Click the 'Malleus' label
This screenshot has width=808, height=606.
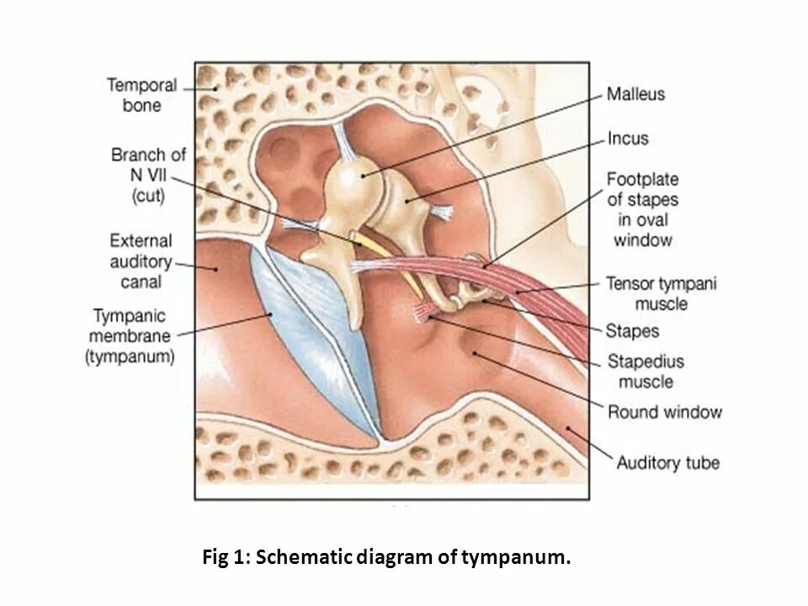coord(635,94)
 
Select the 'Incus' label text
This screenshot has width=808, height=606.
coord(628,138)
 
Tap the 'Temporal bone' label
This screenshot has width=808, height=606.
coord(141,95)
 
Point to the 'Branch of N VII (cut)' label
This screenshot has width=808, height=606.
coord(148,175)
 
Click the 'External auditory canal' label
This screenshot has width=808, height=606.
coord(141,261)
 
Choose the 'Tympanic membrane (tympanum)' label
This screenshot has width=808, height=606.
coord(130,337)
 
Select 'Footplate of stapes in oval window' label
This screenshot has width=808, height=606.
coord(642,210)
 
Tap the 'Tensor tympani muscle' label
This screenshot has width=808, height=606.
coord(661,293)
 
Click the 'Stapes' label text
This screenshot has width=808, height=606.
coord(632,330)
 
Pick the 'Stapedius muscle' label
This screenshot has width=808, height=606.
coord(646,371)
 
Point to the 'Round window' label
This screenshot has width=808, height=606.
coord(665,412)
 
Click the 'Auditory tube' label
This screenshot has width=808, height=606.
coord(667,462)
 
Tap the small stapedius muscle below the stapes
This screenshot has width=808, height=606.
coord(422,315)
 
